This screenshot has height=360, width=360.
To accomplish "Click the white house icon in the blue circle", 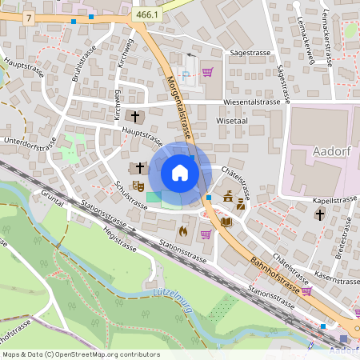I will click(x=180, y=172).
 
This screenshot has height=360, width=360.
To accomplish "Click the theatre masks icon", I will click(x=138, y=185).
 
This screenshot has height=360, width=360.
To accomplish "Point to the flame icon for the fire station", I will click(x=182, y=233).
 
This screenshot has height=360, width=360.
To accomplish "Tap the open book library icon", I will click(x=226, y=221).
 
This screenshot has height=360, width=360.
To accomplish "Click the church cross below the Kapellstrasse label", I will click(x=320, y=214).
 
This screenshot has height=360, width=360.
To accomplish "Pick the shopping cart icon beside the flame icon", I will click(x=206, y=234).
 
